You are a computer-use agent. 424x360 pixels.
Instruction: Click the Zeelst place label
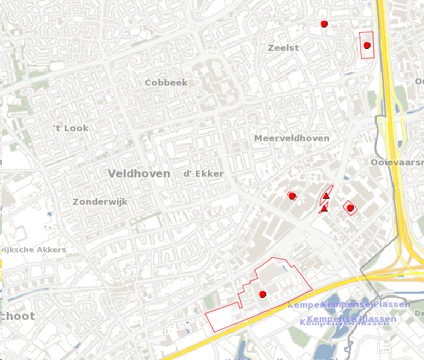click(283, 48)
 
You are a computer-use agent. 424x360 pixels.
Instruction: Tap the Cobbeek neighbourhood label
click(167, 83)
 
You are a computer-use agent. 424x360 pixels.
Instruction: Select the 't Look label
click(71, 128)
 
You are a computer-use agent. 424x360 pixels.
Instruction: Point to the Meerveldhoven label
click(292, 139)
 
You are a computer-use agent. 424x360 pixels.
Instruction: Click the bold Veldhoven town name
click(139, 173)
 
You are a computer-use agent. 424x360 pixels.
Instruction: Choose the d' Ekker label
click(203, 174)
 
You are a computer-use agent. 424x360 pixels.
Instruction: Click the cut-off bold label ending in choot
click(17, 316)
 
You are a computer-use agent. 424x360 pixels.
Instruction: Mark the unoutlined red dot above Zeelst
click(324, 24)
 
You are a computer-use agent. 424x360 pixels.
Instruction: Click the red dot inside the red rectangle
click(366, 46)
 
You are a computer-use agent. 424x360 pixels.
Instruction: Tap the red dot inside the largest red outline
click(263, 294)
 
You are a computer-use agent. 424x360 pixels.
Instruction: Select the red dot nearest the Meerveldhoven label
click(292, 195)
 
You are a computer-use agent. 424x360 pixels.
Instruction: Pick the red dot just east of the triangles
click(350, 208)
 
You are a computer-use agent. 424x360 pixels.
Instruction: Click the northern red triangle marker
click(326, 195)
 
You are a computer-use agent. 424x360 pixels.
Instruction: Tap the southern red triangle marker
click(324, 209)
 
